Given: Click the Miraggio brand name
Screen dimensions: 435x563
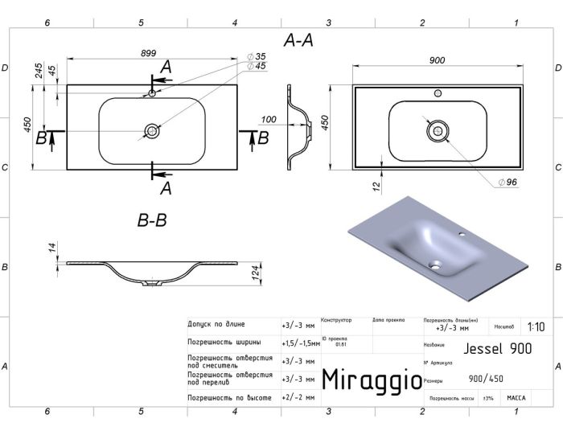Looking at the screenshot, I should click(371, 380).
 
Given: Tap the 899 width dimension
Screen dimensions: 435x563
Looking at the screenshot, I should click(148, 53).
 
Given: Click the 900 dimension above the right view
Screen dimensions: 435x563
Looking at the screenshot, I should click(438, 60).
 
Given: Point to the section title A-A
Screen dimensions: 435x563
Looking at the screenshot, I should click(299, 40).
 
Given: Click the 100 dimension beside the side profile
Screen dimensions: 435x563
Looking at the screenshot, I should click(269, 120).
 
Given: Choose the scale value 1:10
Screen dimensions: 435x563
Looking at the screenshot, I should click(536, 327).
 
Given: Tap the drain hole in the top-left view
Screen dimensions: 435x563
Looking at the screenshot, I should click(151, 130).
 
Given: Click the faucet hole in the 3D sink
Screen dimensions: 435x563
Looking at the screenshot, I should click(464, 236).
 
